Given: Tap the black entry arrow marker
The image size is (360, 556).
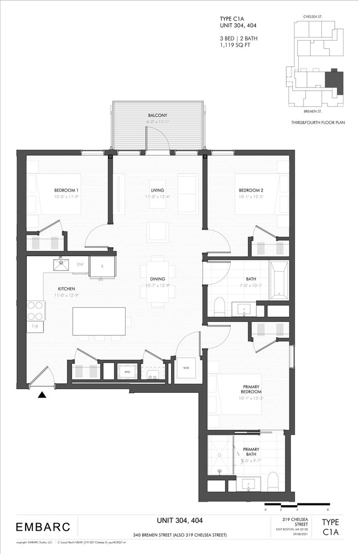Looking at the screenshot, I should click(43, 395).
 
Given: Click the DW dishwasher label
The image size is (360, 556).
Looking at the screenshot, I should click(80, 264).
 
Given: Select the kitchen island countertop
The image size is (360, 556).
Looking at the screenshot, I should click(99, 321).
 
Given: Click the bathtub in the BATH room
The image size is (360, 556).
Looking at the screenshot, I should click(280, 280).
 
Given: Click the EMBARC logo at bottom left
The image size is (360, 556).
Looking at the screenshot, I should click(40, 527).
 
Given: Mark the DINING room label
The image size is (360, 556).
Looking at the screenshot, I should click(157, 279).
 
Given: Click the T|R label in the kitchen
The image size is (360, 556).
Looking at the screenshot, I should click(35, 326).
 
